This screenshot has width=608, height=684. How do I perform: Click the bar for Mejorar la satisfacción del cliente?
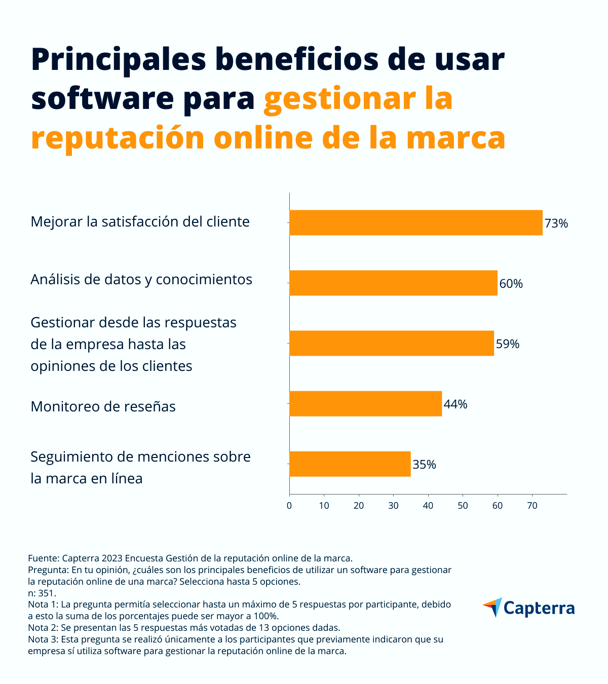[415, 222]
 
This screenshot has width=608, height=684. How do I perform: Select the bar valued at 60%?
[393, 283]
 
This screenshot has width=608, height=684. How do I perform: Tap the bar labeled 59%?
[391, 343]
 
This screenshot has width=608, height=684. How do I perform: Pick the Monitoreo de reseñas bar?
[365, 403]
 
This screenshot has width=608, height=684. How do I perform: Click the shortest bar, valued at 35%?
[350, 464]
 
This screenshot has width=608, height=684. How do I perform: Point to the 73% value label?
[556, 223]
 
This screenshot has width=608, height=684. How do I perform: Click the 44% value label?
[455, 404]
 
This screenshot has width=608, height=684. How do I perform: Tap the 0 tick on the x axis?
[289, 505]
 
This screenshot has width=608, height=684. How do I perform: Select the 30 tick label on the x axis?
[393, 505]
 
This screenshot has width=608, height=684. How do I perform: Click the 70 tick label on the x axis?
[532, 505]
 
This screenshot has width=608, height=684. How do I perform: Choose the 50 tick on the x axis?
[463, 505]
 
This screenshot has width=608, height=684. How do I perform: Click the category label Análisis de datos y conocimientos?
[141, 280]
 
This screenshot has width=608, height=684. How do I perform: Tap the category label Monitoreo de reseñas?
[103, 406]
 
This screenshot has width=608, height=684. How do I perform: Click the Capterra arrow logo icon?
[492, 607]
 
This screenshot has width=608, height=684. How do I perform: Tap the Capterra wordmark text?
[539, 608]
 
